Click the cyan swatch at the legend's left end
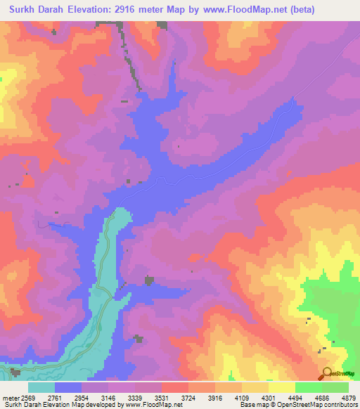[x=41, y=387]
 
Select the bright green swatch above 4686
[x=308, y=387]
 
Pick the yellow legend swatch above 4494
[x=281, y=387]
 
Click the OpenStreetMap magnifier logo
[x=326, y=373]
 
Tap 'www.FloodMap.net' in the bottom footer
[x=155, y=405]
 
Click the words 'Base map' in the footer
[x=254, y=405]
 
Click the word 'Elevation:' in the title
[x=89, y=9]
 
